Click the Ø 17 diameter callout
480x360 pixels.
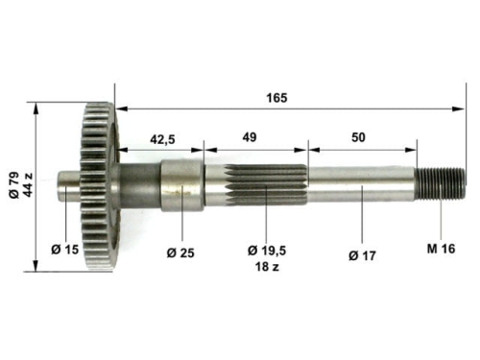(x=362, y=253)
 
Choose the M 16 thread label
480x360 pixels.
(x=440, y=249)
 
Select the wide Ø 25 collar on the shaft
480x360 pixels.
(x=180, y=186)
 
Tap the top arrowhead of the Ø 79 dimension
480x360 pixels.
(x=36, y=108)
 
